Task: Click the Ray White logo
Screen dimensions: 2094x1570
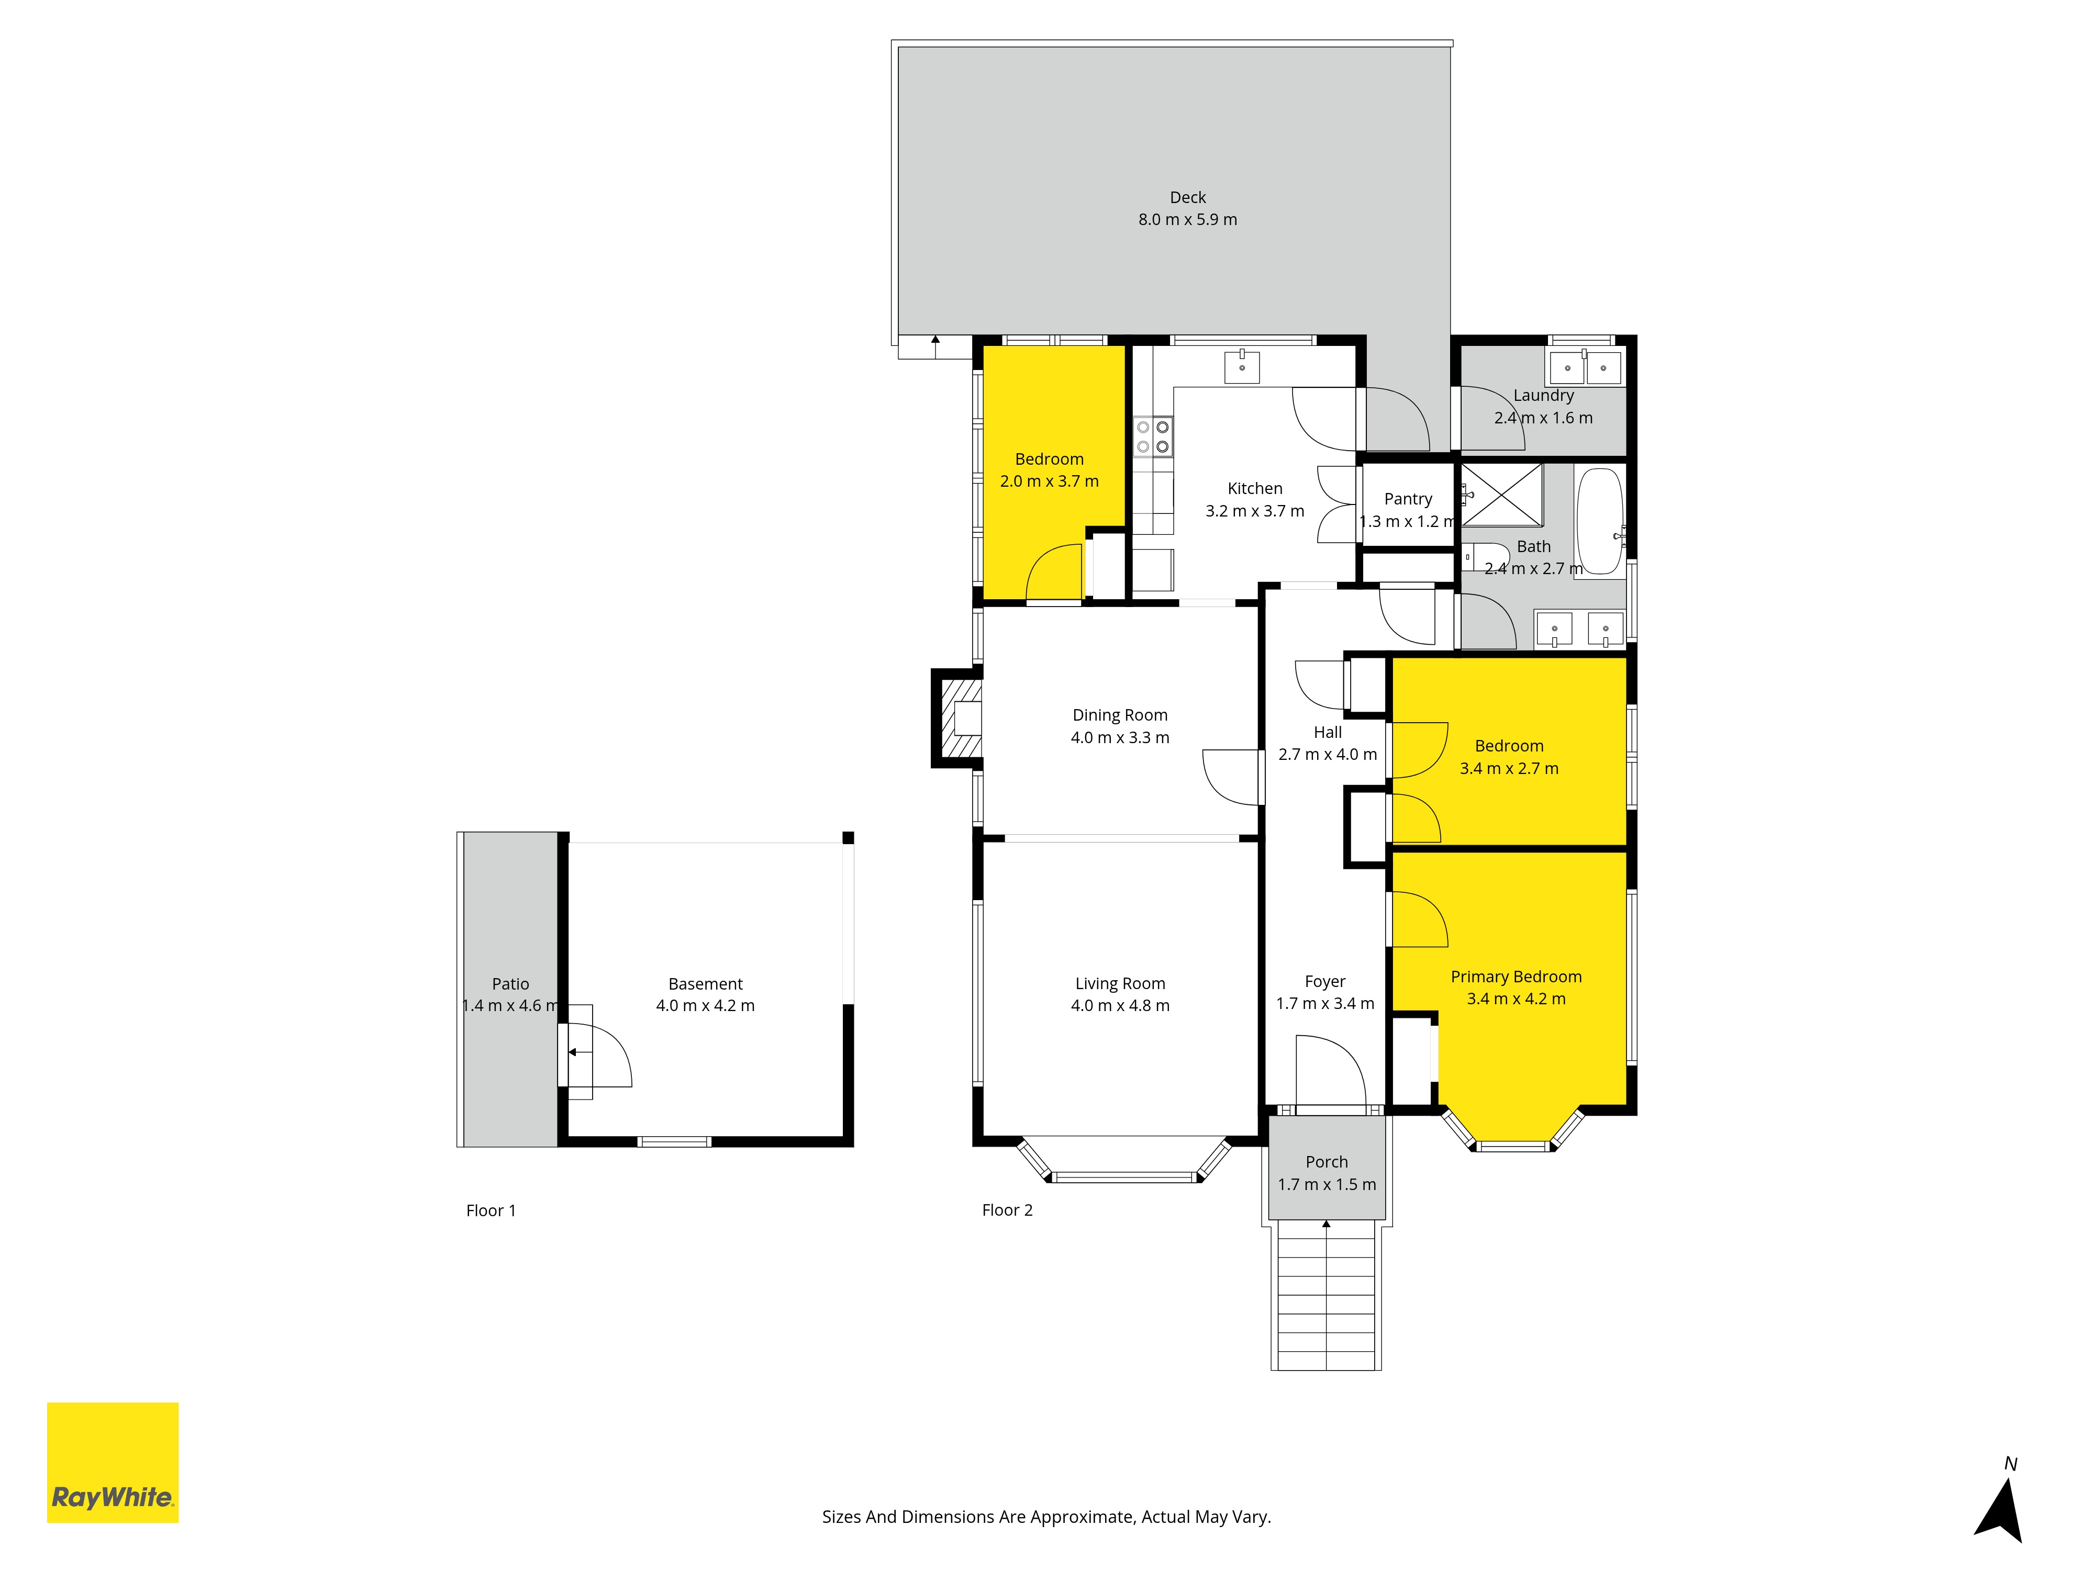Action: tap(113, 1462)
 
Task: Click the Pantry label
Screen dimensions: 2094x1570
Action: tap(1408, 499)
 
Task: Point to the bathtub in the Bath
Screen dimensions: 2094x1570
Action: tap(1600, 521)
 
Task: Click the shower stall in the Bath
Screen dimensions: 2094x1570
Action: tap(1502, 494)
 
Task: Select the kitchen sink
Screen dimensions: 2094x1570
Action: tap(1242, 366)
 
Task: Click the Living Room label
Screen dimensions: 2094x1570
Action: tap(1120, 984)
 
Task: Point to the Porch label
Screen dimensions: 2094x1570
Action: tap(1326, 1162)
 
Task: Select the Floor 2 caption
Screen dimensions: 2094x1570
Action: tap(1007, 1210)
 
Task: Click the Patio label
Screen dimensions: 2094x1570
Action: tap(510, 984)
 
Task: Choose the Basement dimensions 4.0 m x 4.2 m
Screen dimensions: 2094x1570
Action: tap(705, 1006)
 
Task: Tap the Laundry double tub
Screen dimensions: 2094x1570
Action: tap(1585, 366)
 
